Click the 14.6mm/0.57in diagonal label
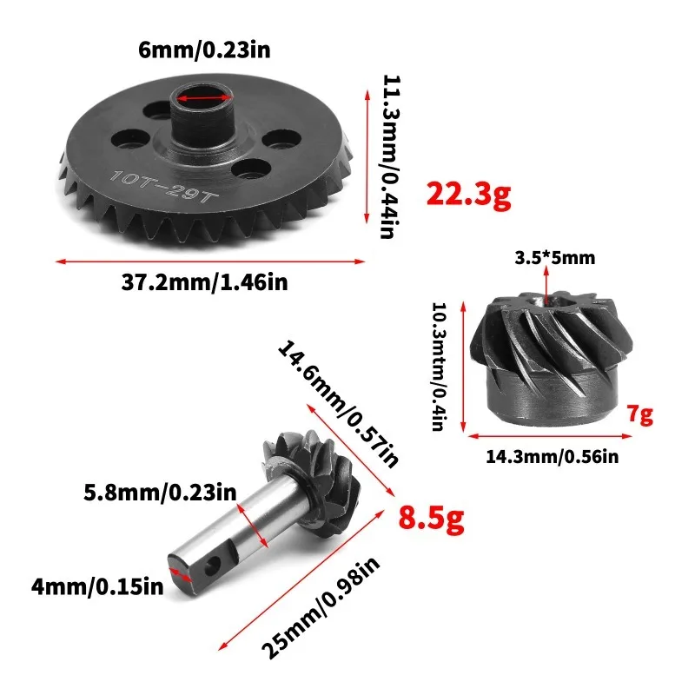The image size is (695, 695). click(339, 404)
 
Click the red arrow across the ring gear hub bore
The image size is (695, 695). click(204, 99)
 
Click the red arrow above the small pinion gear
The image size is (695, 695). click(546, 282)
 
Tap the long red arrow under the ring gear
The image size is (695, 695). click(209, 260)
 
